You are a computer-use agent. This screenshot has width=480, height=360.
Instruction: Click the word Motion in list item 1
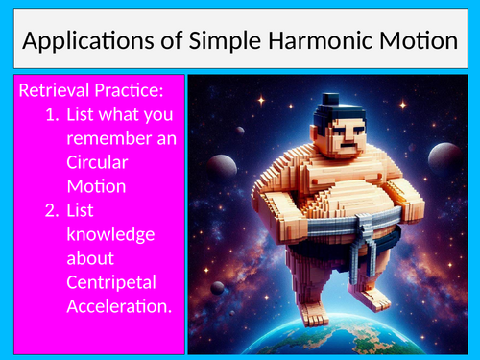pos(95,186)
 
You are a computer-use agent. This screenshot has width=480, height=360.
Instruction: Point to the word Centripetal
pos(112,280)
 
